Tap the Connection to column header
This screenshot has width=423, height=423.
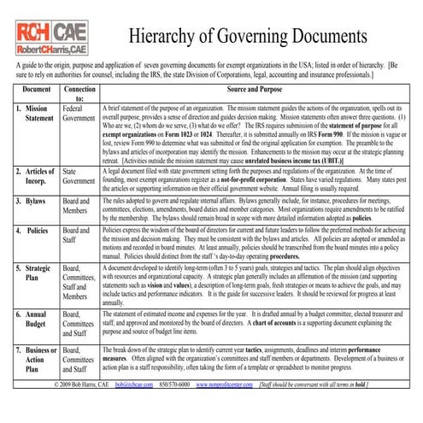coord(79,93)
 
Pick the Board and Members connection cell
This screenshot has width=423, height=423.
coord(79,206)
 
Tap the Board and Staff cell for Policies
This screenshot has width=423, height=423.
coord(79,236)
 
